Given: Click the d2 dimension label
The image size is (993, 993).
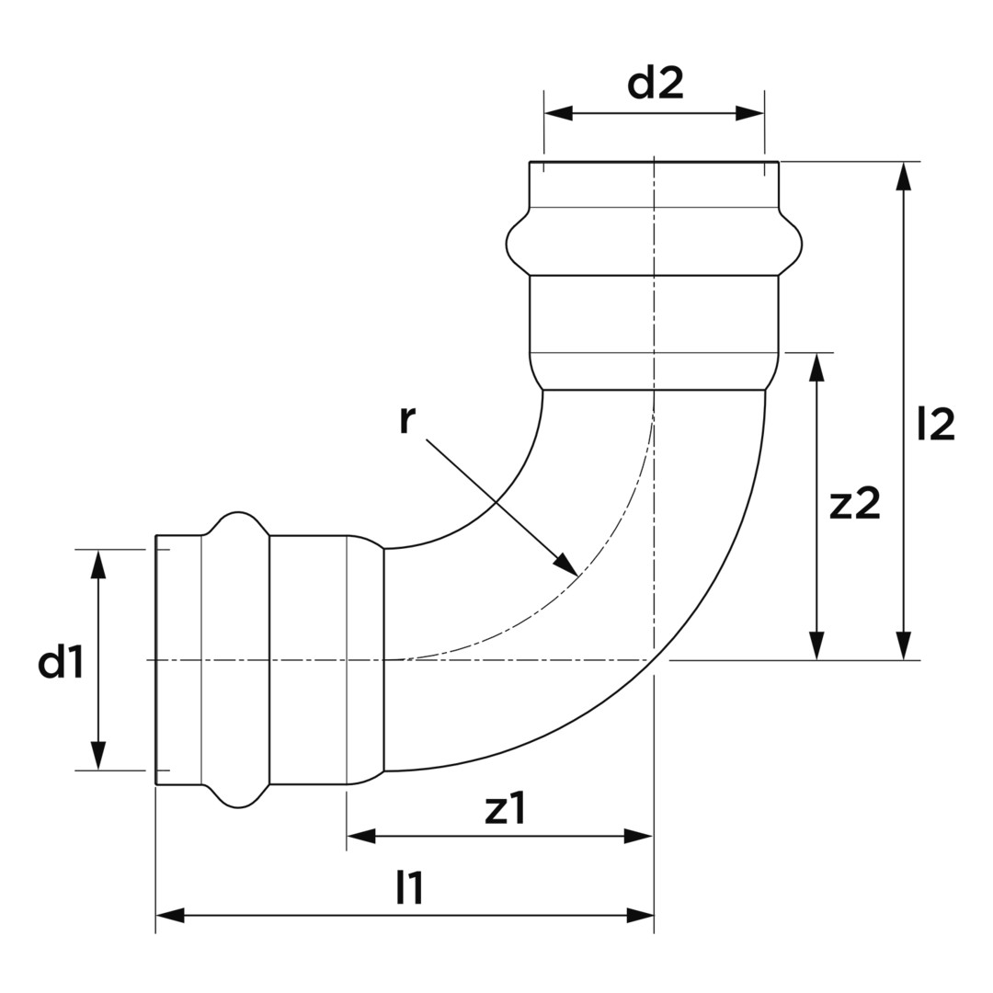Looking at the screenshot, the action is (x=656, y=85).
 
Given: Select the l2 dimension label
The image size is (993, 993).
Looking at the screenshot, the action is (x=936, y=424).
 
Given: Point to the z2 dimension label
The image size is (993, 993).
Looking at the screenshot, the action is (x=855, y=503).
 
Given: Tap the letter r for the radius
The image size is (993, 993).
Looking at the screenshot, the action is (x=407, y=419).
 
